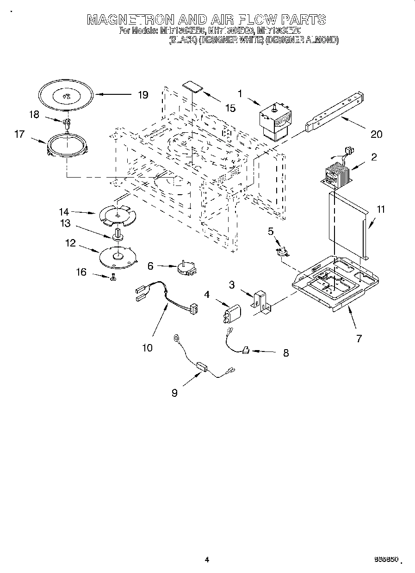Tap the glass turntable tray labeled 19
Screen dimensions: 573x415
[65, 96]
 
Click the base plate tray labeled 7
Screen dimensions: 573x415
[337, 284]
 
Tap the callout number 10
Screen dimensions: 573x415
[147, 347]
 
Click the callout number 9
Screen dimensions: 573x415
[174, 393]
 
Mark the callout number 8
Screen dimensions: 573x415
[285, 353]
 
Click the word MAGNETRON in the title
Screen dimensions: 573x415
[131, 19]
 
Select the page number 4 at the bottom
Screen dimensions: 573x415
[207, 560]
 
